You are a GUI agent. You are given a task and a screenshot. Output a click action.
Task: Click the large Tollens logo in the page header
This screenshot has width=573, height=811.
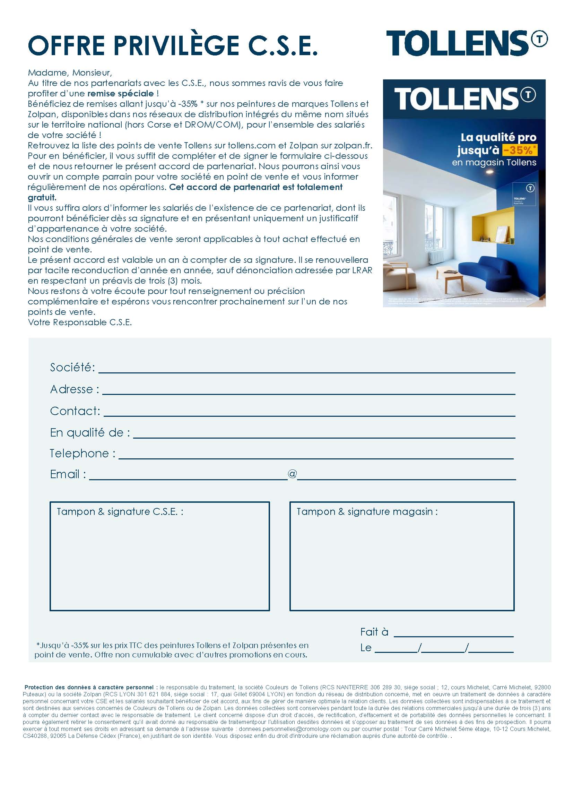[466, 43]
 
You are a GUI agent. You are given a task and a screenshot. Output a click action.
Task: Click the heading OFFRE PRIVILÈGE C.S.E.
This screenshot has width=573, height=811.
[173, 46]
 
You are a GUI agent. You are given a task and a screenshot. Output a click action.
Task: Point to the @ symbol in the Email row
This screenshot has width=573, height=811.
[292, 474]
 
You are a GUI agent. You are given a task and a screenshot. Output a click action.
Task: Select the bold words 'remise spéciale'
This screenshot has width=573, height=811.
[120, 94]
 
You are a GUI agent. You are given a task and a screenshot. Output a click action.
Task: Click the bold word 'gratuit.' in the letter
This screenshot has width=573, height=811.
[42, 197]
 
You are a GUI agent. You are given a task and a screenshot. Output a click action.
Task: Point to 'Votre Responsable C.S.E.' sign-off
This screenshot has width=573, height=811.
[80, 322]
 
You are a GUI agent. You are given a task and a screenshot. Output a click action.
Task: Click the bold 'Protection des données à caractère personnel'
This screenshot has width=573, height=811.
[89, 687]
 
